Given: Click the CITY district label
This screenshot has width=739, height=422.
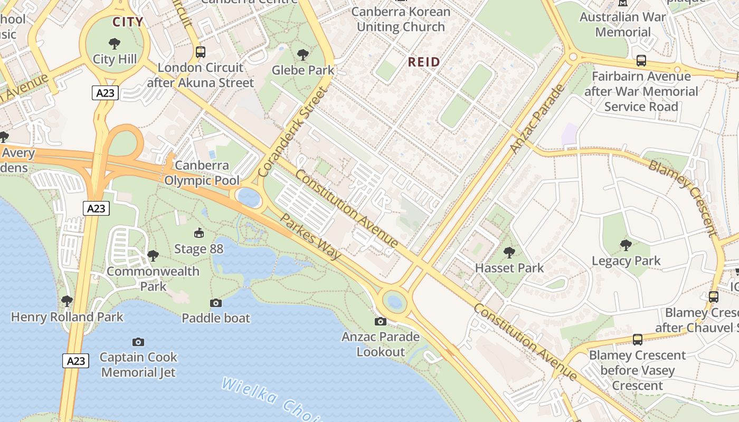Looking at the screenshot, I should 128,22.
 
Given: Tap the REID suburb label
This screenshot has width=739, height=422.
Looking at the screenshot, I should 424,62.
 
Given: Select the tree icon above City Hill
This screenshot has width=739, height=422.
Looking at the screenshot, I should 114,44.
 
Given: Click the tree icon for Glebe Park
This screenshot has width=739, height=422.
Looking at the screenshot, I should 302,54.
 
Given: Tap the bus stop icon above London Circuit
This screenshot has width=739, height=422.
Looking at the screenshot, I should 200,52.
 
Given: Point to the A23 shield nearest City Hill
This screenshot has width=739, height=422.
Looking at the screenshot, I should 105,93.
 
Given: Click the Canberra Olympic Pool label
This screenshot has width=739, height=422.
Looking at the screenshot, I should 202,173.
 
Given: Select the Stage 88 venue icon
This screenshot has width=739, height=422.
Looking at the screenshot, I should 199,233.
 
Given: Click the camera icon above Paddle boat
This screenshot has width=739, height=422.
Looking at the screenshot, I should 215,303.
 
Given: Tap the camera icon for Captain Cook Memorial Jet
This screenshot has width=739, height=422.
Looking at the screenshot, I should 138,342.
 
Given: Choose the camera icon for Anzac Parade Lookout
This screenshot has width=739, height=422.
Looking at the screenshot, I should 380,321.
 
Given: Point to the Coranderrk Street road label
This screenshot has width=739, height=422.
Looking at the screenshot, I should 292,132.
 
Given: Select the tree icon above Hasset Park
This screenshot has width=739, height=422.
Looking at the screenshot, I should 509,253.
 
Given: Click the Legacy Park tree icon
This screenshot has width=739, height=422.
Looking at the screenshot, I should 626,245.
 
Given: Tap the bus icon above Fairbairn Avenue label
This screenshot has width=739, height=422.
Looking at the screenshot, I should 641,61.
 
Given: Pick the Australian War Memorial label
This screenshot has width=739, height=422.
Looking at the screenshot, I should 623,24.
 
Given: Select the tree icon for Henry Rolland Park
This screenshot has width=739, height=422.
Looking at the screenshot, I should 67,301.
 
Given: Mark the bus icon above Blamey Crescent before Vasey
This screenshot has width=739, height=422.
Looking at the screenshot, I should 637,340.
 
